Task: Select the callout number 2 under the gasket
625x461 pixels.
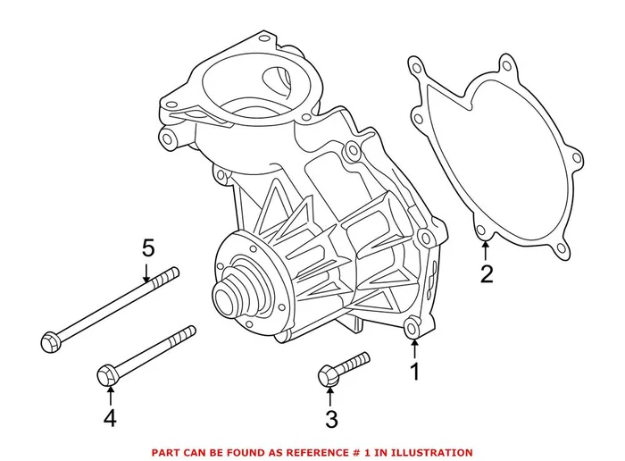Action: click(487, 273)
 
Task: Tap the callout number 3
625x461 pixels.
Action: click(331, 417)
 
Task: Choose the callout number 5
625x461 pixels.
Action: click(148, 249)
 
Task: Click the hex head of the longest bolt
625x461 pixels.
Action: click(50, 339)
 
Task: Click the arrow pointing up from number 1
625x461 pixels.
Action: click(413, 351)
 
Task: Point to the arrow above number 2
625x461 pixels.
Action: click(485, 252)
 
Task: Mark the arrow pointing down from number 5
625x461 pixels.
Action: click(147, 272)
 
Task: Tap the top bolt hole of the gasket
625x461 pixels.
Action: click(507, 64)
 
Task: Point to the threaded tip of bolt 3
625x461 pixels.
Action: click(364, 358)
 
